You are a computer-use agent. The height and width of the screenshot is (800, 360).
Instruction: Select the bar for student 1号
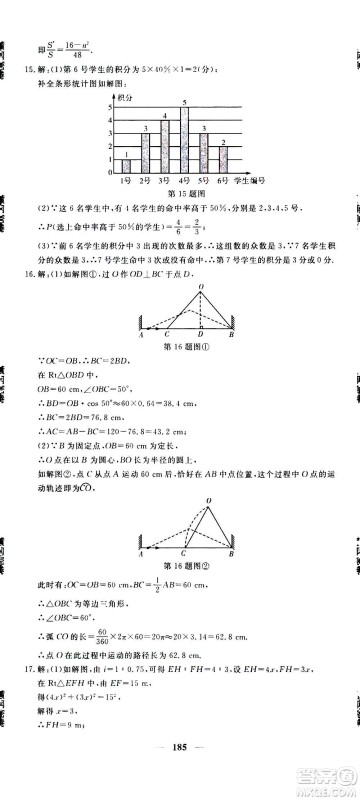[126, 165]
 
